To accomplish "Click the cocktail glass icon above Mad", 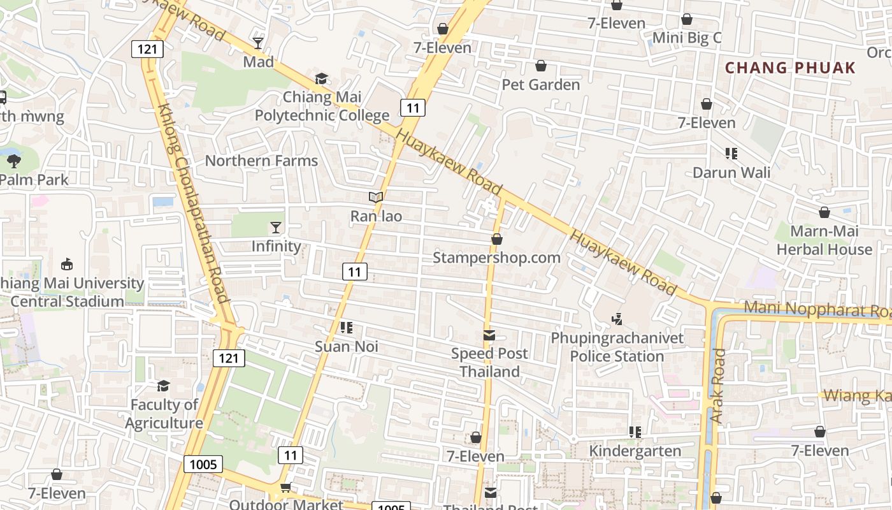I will [258, 43].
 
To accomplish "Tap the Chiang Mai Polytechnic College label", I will [322, 106].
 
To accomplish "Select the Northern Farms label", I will [261, 161].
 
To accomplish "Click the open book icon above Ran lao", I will [376, 198].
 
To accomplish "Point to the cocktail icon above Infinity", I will [275, 227].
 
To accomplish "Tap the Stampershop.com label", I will [496, 258].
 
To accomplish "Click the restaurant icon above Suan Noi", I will [347, 328].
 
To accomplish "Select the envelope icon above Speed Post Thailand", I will [489, 335].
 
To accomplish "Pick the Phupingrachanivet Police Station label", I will [617, 347].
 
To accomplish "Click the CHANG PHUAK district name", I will [790, 68].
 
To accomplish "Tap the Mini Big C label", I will [687, 38].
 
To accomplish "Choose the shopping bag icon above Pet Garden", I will [541, 66].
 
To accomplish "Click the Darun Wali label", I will [731, 173].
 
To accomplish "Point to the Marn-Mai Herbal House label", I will [824, 240].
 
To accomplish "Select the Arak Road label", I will [718, 386].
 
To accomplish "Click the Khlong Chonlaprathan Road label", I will [193, 204].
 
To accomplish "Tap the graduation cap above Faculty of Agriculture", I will [164, 386].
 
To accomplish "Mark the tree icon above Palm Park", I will [13, 161].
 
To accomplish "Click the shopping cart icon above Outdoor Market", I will [285, 487].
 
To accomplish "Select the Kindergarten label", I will [635, 451].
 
